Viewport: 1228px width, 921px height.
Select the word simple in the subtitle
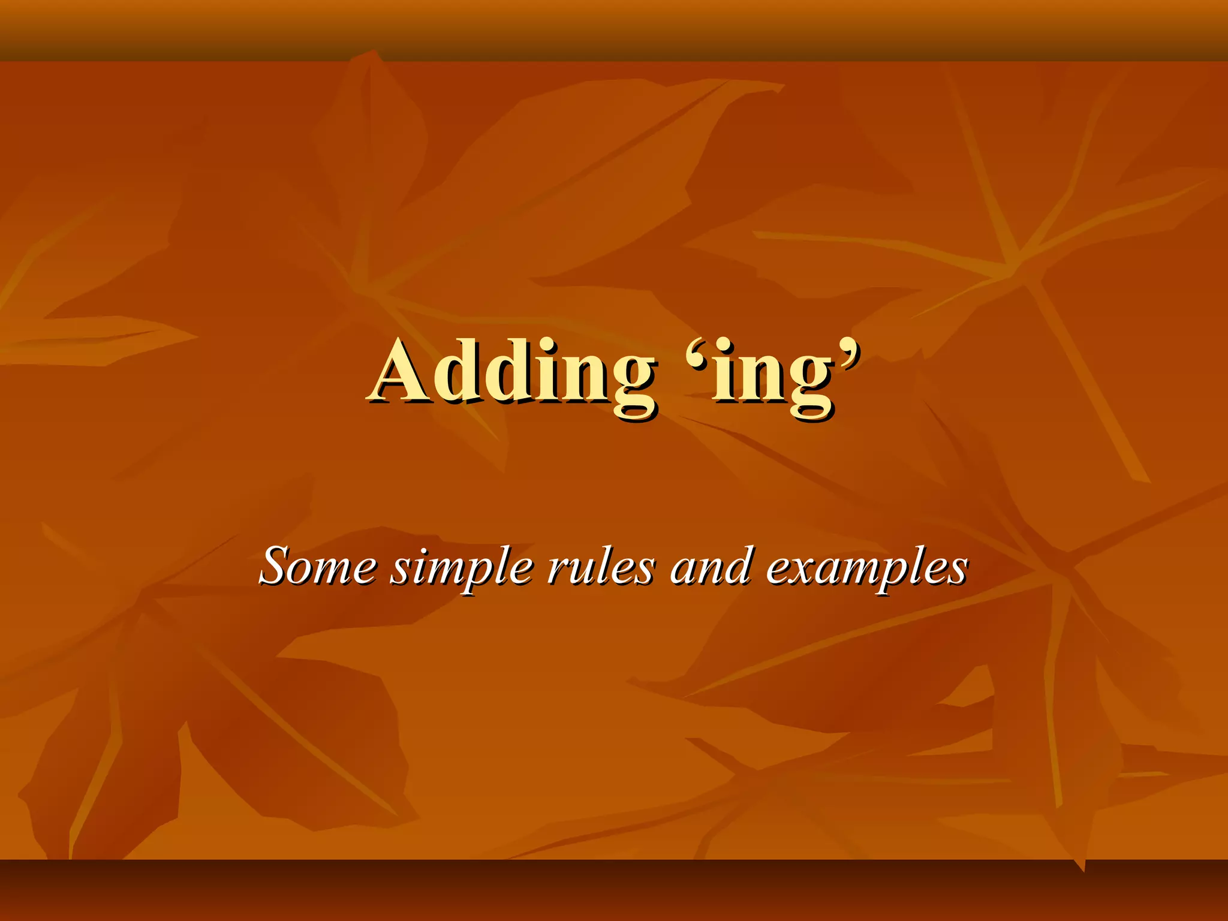pos(462,567)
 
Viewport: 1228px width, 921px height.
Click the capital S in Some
pos(279,565)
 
